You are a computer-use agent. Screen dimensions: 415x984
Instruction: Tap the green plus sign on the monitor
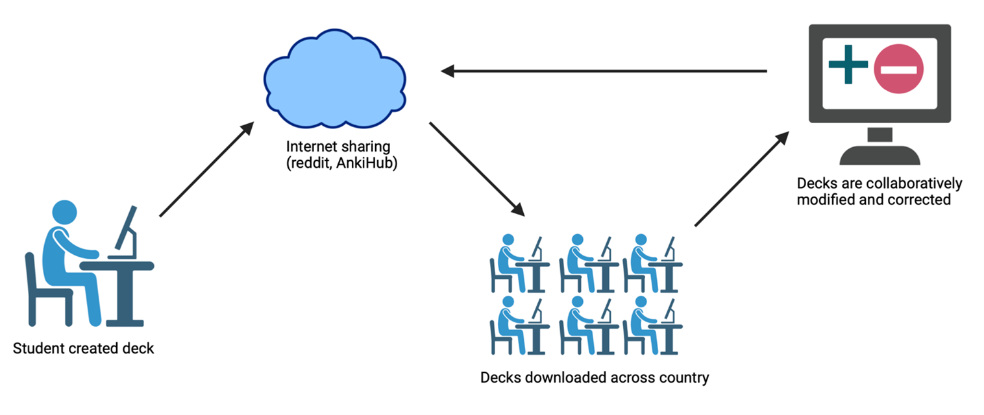tap(848, 64)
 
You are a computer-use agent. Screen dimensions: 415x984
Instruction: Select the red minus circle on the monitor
tap(899, 69)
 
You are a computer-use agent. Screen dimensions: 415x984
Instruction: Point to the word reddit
tap(309, 164)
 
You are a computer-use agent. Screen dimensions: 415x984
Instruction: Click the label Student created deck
tap(84, 348)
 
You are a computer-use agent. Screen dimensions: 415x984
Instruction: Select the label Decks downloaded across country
tap(595, 377)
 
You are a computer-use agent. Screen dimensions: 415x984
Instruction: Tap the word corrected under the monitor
tap(920, 200)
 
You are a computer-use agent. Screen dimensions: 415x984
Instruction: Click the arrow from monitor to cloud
tap(604, 71)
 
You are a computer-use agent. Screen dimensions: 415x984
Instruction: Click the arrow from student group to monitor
tap(741, 179)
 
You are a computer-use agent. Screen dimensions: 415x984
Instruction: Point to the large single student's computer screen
tap(127, 230)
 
